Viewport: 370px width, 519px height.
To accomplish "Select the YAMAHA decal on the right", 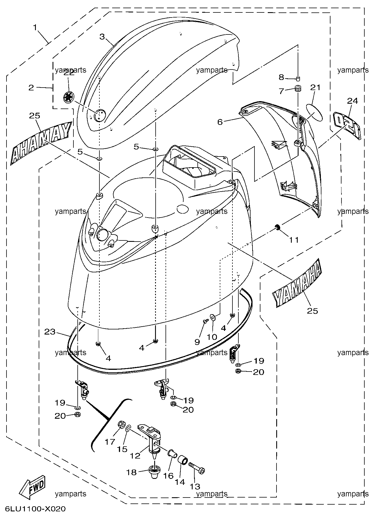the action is tap(297, 283).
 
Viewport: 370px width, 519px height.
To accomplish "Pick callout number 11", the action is tap(294, 240).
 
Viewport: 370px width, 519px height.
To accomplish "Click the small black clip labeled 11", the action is tap(278, 227).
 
